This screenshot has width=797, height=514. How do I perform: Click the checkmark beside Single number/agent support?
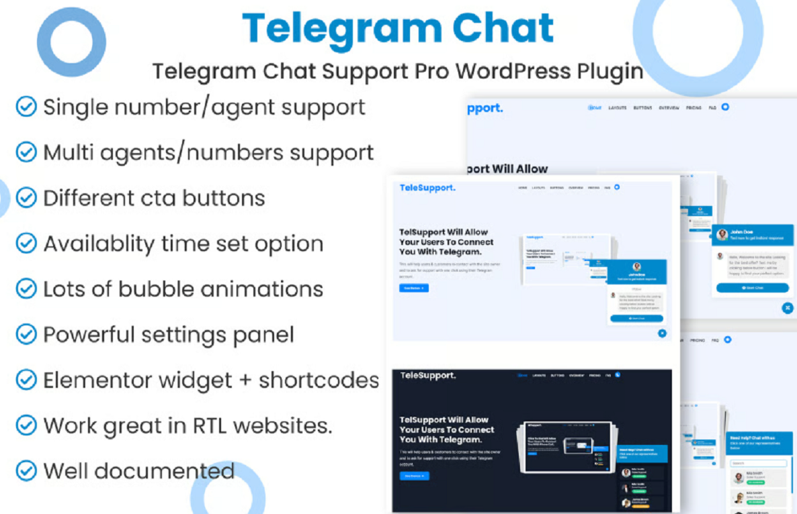pos(26,107)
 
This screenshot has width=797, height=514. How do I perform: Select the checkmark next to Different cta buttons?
pos(26,198)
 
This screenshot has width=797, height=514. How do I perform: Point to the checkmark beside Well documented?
pos(26,470)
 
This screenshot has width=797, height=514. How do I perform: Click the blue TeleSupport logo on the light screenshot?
pos(427,188)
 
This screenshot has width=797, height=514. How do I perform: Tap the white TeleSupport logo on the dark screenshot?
pos(427,376)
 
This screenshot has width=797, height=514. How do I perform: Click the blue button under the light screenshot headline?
pos(413,288)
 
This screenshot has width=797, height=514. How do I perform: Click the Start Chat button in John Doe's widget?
pos(752,288)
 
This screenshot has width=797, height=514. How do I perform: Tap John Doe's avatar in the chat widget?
pos(722,234)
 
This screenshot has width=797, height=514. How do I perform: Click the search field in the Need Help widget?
pos(758,463)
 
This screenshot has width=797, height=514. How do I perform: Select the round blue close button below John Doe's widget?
pos(788,308)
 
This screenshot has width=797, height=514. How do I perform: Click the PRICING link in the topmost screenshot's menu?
pos(694,107)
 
